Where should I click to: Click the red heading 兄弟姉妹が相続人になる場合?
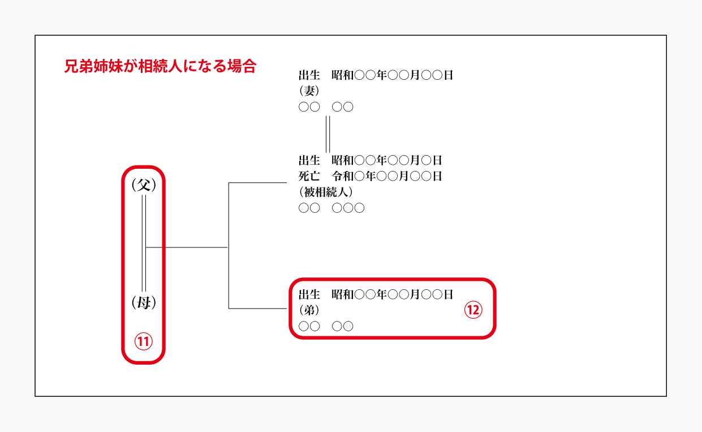160,66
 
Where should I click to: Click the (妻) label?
309,91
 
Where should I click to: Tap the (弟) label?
309,310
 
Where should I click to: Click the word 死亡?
309,176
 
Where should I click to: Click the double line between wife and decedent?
328,134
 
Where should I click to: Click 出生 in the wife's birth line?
309,75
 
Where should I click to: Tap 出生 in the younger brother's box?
309,294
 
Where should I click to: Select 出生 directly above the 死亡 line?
309,160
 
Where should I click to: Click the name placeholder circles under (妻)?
326,107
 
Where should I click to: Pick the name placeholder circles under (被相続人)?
331,208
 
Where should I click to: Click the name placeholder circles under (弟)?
326,326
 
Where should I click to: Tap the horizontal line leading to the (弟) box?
257,309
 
